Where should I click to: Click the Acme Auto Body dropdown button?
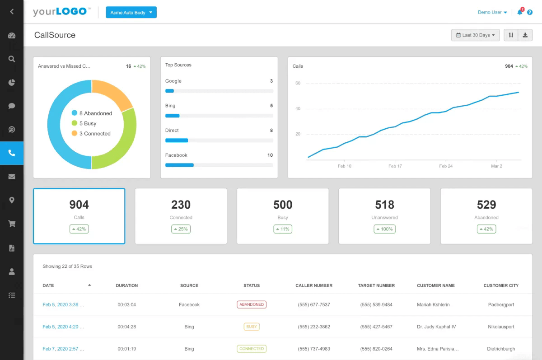point(131,13)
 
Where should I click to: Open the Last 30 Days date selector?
point(475,35)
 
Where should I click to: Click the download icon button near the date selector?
point(525,35)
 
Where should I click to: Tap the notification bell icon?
point(520,13)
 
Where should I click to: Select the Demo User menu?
point(492,13)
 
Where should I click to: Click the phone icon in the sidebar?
point(12,153)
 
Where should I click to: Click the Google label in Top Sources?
point(173,81)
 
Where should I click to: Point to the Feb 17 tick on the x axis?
point(395,166)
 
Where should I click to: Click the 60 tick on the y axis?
point(298,83)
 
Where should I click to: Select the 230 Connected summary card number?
point(181,205)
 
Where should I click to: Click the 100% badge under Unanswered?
point(384,229)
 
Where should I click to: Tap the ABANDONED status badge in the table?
point(252,305)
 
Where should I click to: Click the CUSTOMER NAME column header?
point(435,285)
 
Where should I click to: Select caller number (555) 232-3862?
point(314,327)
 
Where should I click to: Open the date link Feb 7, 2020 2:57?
point(63,349)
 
